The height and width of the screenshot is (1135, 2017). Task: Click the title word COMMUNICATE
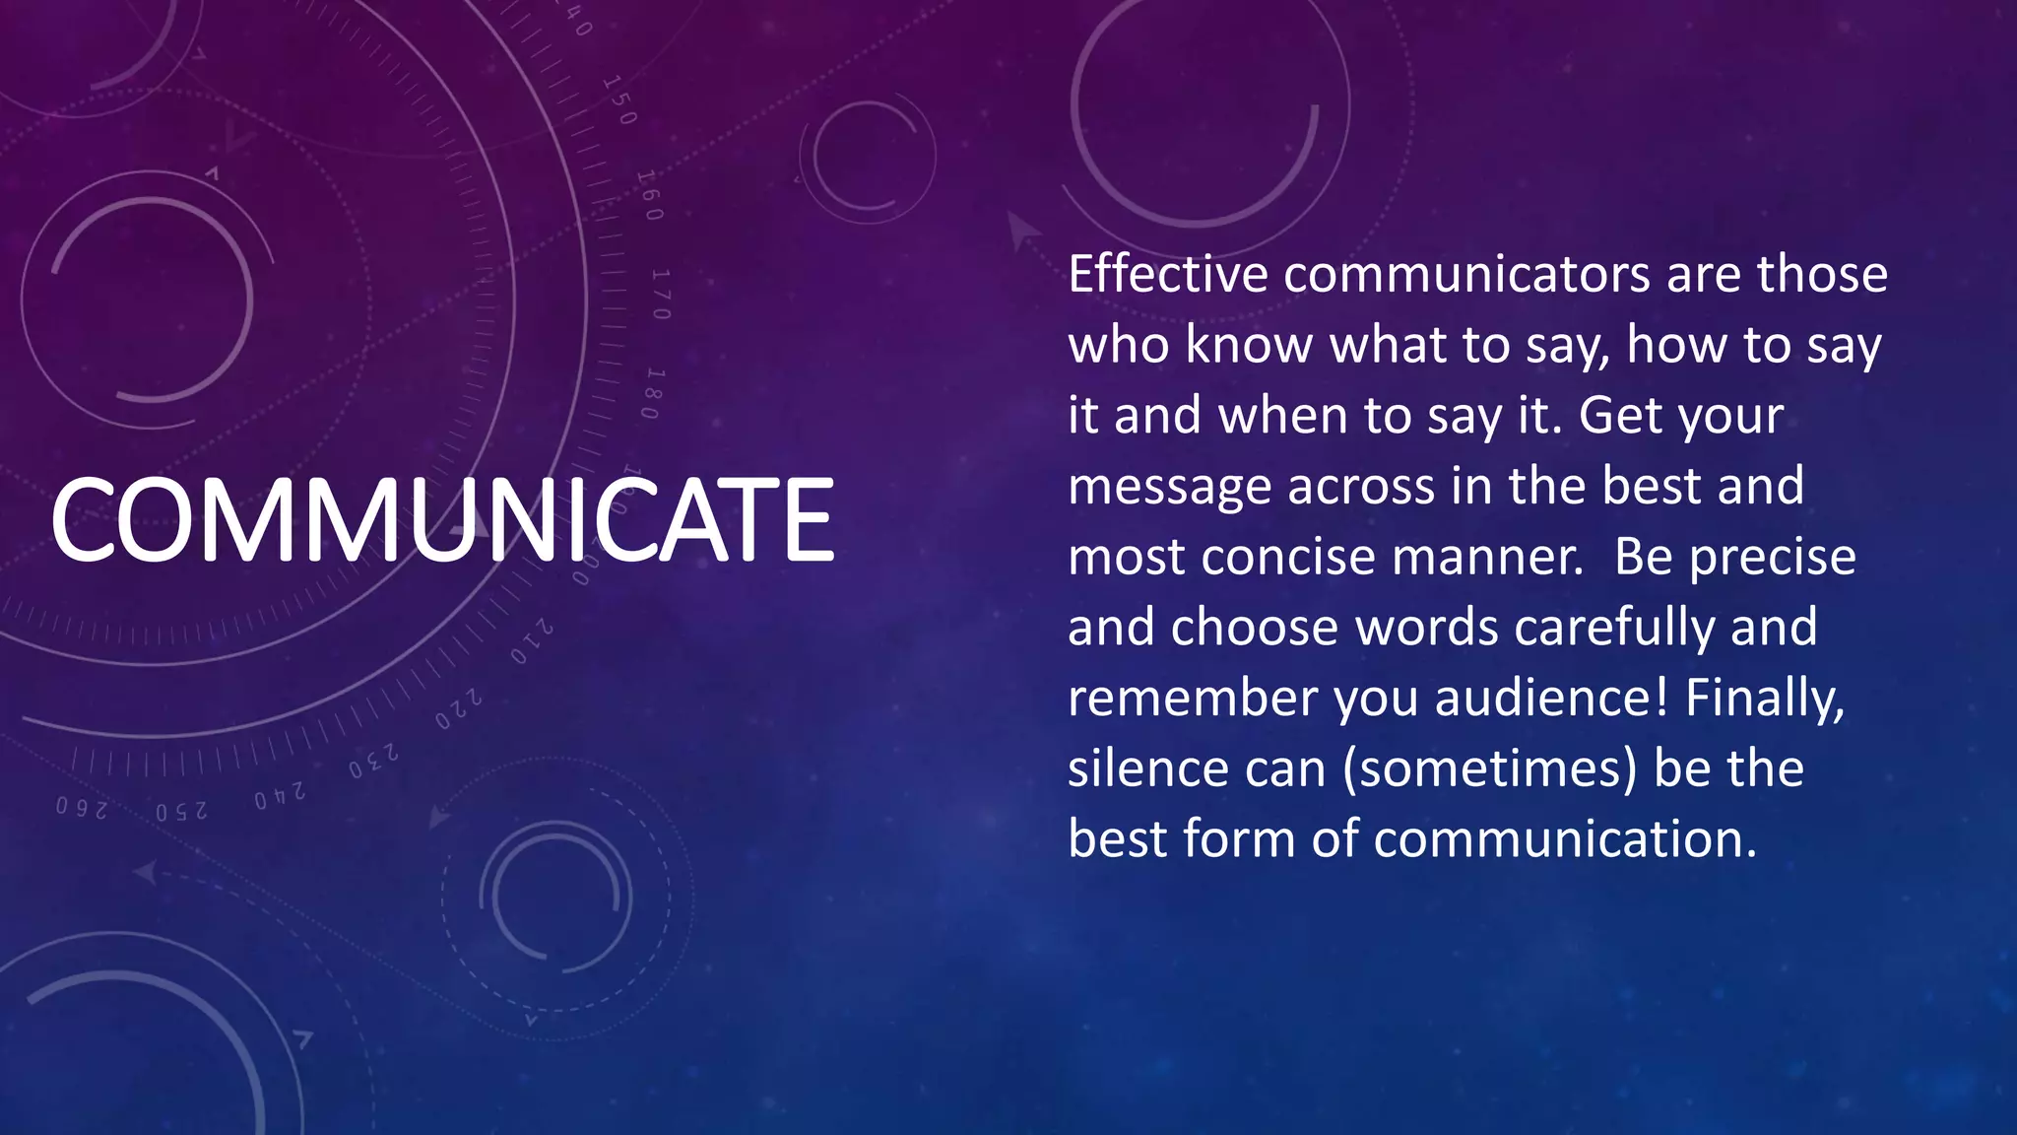tap(442, 519)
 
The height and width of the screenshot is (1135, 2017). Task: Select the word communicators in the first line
tap(1466, 274)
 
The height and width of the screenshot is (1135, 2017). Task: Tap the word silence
tap(1146, 768)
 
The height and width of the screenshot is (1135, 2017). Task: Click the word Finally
tap(1764, 698)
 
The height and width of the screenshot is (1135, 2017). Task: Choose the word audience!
tap(1551, 698)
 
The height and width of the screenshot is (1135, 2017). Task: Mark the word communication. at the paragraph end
tap(1565, 839)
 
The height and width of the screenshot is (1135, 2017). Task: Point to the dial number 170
tap(660, 294)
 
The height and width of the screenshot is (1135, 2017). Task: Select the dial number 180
tap(651, 393)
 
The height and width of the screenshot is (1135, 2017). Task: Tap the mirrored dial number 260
tap(81, 809)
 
